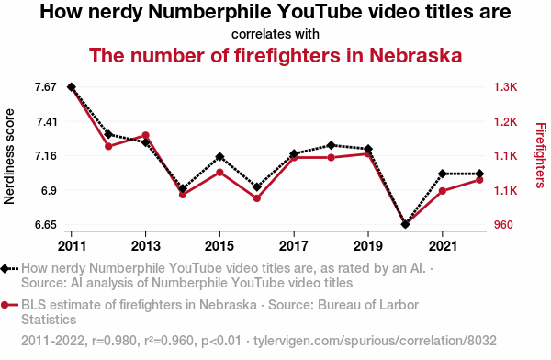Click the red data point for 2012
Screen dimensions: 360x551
[108, 146]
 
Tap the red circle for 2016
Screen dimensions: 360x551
[257, 197]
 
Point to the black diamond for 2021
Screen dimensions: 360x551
[443, 174]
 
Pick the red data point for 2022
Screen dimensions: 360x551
[479, 180]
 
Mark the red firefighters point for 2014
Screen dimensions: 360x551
[183, 195]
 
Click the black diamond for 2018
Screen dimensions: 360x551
[332, 145]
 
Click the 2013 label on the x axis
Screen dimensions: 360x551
[145, 246]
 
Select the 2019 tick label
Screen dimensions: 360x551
[368, 246]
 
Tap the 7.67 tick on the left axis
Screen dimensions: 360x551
[47, 87]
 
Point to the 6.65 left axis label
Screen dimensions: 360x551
[47, 225]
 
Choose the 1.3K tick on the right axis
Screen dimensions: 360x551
[506, 87]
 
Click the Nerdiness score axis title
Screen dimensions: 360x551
[10, 156]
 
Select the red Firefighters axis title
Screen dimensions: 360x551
[539, 156]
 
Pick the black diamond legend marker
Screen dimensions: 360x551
[8, 268]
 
